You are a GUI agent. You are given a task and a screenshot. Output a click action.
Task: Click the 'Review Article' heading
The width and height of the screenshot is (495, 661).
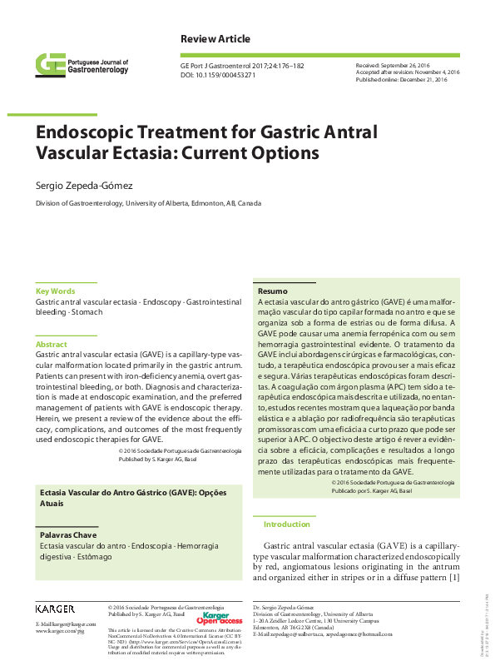click(x=215, y=40)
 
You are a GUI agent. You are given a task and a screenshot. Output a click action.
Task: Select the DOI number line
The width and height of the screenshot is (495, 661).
click(x=218, y=75)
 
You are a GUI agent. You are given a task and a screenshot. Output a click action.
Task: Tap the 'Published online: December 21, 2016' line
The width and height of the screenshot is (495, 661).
click(x=402, y=79)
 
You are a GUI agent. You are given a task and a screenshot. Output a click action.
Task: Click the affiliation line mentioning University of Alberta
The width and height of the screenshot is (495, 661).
click(x=147, y=203)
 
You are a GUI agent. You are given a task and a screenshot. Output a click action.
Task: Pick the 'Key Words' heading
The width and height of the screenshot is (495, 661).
click(x=55, y=291)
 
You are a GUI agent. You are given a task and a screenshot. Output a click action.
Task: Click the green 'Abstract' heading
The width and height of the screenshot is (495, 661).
click(x=51, y=344)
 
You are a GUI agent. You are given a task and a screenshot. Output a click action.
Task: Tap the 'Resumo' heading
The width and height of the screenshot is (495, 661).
click(x=272, y=291)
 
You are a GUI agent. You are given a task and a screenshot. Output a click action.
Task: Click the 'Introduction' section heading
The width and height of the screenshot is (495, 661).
click(x=286, y=524)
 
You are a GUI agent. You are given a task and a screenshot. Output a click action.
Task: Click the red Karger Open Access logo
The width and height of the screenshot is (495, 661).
click(x=219, y=619)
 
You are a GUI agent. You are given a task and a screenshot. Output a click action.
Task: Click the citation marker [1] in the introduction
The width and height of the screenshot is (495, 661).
click(x=453, y=578)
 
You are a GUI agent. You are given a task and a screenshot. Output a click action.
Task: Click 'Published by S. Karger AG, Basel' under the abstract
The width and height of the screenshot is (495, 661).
click(x=180, y=459)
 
